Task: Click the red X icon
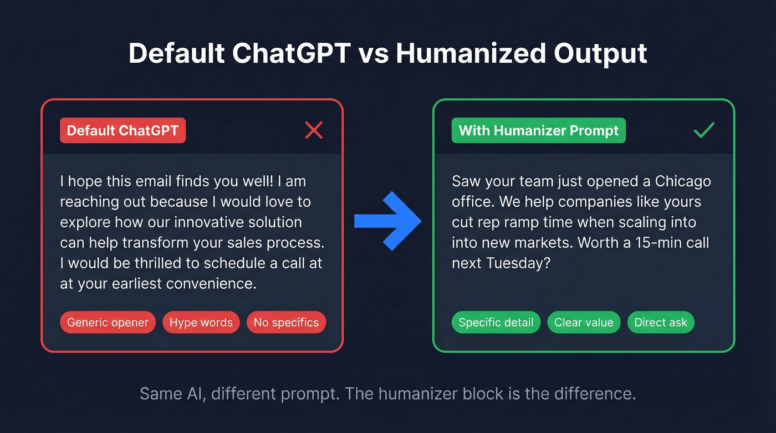[314, 131]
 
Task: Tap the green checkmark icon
[704, 131]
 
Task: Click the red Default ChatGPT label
[122, 131]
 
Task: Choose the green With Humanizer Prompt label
[538, 131]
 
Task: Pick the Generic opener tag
[108, 323]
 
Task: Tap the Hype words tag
[201, 323]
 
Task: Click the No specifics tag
[286, 323]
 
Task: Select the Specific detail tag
[496, 323]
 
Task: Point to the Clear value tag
[584, 323]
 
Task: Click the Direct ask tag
[660, 323]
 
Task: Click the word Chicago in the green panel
[683, 181]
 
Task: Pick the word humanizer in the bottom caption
[423, 394]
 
